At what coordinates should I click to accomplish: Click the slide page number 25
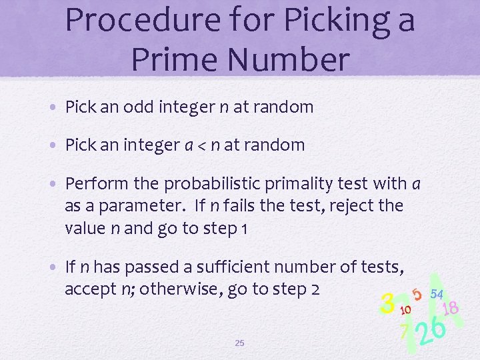(240, 343)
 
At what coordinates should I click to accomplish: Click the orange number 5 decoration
(417, 294)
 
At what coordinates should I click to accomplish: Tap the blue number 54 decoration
(437, 293)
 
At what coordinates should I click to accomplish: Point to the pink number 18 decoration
(450, 308)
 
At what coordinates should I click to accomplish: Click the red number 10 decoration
(405, 310)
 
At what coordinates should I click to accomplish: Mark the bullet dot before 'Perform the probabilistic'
(56, 184)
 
